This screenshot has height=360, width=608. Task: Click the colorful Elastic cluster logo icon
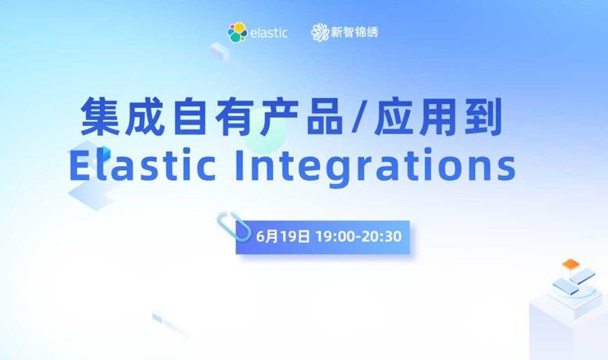point(237,33)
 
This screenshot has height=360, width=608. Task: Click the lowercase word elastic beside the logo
point(269,33)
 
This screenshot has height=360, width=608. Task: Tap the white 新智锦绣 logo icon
point(319,33)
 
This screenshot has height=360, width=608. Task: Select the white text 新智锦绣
point(354,32)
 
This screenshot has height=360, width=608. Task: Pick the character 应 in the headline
point(393,117)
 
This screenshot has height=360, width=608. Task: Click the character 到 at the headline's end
point(483,117)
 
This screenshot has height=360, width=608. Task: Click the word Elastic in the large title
point(142,165)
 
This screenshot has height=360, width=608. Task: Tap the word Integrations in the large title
point(375,166)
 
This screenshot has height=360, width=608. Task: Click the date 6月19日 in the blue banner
point(283,236)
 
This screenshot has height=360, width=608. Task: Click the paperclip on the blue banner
point(233,226)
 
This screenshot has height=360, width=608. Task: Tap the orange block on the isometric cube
point(571,264)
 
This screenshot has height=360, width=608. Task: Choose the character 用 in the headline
point(438,117)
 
